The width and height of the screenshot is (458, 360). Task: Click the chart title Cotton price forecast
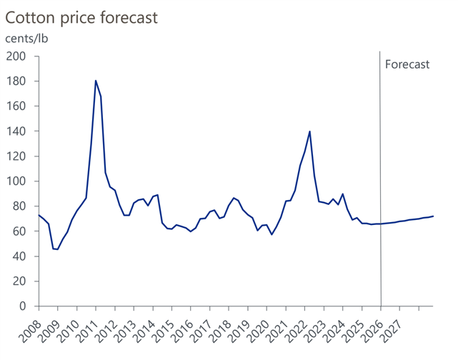point(81,16)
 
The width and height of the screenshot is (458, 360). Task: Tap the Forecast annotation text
point(407,64)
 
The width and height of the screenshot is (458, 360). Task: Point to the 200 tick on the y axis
point(16,56)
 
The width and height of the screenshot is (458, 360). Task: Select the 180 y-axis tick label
point(16,81)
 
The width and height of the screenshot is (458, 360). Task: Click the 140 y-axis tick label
point(16,131)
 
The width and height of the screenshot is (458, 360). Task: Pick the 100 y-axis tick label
point(16,181)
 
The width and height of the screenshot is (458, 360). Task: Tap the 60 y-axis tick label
point(19,231)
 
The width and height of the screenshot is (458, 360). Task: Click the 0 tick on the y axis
point(23,306)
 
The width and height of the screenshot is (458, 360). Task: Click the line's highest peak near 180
point(96,81)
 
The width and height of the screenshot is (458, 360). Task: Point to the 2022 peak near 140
point(309,131)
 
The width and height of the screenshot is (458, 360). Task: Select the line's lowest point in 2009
point(57,249)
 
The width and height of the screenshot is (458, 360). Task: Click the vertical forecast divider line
point(380,179)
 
